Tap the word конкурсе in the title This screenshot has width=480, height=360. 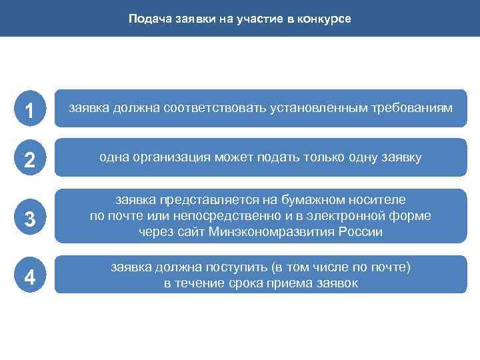point(323,19)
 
